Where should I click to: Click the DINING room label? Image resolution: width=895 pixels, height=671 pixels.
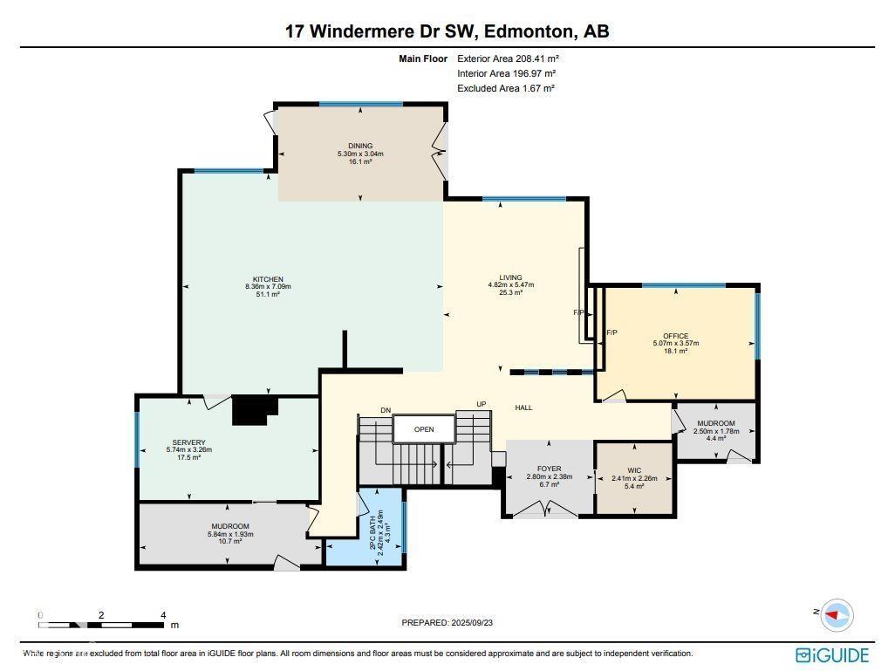click(x=360, y=146)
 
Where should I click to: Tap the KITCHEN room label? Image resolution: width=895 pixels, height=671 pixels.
click(x=268, y=279)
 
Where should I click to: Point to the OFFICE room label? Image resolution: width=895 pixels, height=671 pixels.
click(x=675, y=336)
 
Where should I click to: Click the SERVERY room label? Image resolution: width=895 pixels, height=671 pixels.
click(x=188, y=442)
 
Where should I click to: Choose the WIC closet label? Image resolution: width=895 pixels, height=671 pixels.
click(x=634, y=470)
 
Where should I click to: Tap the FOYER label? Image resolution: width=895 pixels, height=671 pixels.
click(x=549, y=469)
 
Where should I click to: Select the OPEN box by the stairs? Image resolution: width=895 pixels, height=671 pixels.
click(x=424, y=429)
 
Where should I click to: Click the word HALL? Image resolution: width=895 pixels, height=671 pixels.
click(x=523, y=407)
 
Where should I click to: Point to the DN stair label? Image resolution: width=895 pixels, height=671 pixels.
click(x=385, y=410)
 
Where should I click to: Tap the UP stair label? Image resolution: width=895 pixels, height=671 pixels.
click(x=481, y=404)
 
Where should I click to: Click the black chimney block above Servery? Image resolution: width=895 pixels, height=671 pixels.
click(x=254, y=409)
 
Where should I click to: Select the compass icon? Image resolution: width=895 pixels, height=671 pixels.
click(x=837, y=615)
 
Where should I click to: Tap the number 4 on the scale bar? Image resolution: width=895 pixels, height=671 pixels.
click(x=163, y=615)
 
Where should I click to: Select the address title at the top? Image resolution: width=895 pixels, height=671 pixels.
click(x=447, y=31)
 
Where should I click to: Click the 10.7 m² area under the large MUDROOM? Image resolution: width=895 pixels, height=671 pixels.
click(x=229, y=541)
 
